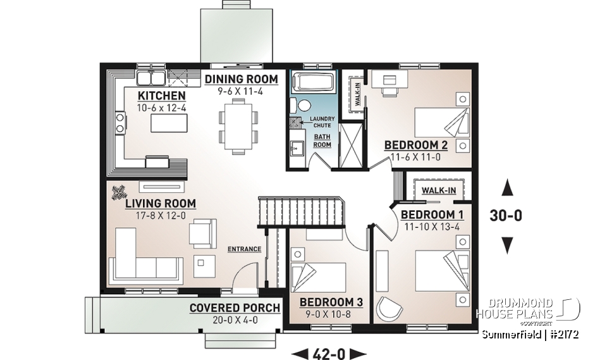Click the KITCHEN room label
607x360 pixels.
162,95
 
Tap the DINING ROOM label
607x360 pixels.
241,79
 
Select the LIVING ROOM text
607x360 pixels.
160,203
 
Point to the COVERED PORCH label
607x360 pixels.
235,308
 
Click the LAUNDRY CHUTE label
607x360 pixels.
322,121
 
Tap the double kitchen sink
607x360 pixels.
151,78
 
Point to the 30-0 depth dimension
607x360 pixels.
506,215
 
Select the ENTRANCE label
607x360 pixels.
244,249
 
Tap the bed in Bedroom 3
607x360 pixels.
317,276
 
